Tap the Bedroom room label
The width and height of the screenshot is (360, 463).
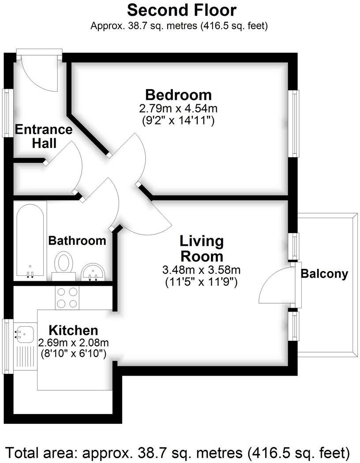pos(178,94)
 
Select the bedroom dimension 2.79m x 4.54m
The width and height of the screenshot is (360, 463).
pos(178,108)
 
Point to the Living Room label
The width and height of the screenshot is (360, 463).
pos(201,248)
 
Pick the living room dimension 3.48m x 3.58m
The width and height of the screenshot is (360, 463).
pos(201,270)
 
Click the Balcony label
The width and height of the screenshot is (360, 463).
pos(324,274)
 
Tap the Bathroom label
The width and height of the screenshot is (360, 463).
pos(77,241)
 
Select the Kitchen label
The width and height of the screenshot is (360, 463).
pos(73,330)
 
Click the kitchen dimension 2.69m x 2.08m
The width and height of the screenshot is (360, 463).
pos(73,343)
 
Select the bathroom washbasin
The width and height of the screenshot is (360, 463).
pos(93,271)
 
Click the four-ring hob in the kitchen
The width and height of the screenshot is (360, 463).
pos(67,297)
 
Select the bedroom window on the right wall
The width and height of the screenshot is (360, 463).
pos(294,124)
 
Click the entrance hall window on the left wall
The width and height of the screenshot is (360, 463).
pos(7,113)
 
